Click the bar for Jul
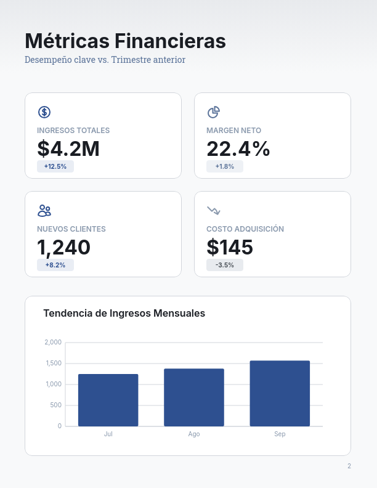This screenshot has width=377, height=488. coord(108,400)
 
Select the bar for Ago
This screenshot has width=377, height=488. coord(194,397)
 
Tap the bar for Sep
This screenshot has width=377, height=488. coord(280,393)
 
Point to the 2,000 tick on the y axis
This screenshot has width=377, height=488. coord(53,343)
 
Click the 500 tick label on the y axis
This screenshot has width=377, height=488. coord(55,405)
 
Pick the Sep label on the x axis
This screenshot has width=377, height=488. coord(280,434)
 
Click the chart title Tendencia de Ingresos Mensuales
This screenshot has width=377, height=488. coord(124,313)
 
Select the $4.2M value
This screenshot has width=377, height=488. coord(68,149)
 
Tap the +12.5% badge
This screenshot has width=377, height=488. coord(55,166)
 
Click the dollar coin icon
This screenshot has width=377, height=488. coord(44,112)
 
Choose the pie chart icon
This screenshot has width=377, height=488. coord(213,112)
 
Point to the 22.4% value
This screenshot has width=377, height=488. coord(238,149)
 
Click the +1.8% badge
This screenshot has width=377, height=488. coord(225,166)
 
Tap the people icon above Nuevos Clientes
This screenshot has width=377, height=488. coord(44,211)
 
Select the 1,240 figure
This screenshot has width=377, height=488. coord(64,248)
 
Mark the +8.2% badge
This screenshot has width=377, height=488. coord(55,265)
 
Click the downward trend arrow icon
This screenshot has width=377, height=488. coord(213,211)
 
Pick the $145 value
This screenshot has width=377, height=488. coord(230,248)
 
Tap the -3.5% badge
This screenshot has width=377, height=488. coord(225,265)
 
